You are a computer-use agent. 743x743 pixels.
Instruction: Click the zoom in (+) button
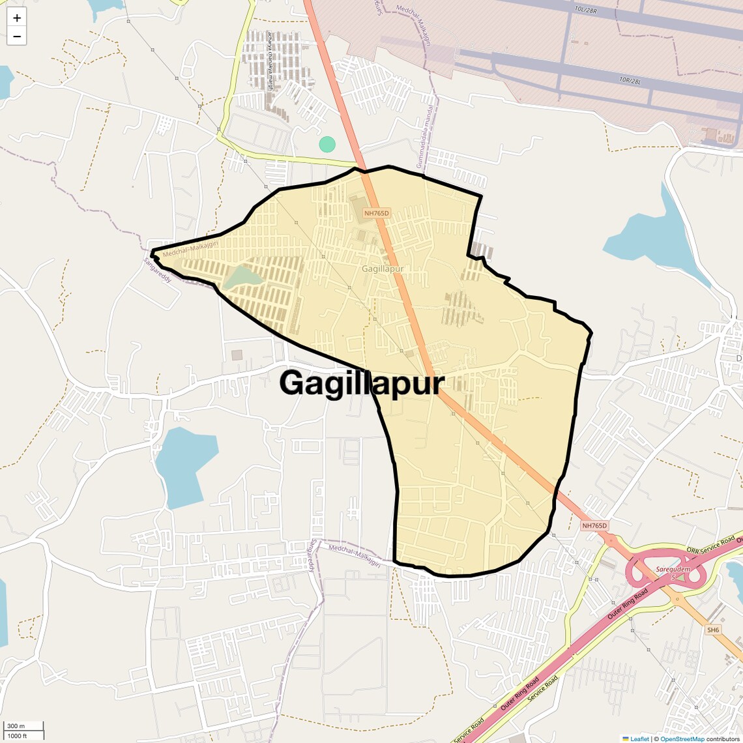17,18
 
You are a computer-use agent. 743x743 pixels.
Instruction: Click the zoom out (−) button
17,36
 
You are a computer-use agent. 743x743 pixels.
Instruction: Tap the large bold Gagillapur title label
362,383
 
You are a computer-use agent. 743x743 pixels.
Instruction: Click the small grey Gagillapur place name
383,269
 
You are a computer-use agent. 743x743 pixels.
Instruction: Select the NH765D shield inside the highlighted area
376,213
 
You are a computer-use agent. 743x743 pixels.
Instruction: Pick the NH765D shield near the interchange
594,525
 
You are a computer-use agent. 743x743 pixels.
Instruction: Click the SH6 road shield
713,630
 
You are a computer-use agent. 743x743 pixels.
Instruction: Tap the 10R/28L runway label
630,80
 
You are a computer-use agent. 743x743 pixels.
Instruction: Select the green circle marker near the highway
327,144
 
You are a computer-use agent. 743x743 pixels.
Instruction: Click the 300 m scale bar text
16,726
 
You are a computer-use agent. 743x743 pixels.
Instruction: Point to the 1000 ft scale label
18,736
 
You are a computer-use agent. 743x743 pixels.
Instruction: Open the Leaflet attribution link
639,739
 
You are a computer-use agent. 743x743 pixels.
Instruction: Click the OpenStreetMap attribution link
682,739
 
